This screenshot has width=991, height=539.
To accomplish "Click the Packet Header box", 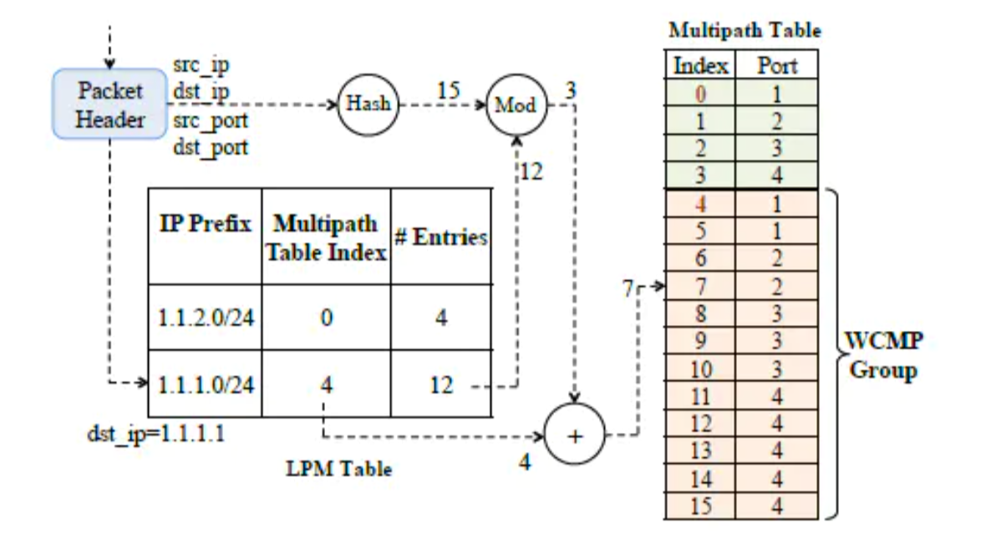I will pos(109,104).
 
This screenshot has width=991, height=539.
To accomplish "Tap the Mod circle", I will pos(516,107).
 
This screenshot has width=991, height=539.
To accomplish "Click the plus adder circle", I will pos(575,435).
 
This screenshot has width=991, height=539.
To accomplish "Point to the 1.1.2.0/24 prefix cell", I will pos(204,319).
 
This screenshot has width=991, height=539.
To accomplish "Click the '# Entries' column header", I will pos(440,236).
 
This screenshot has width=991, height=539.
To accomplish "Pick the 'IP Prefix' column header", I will pos(204,225).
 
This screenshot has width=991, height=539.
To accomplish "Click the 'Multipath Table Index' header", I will pos(326,236).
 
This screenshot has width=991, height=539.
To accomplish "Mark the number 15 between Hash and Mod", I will pos(449,88).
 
